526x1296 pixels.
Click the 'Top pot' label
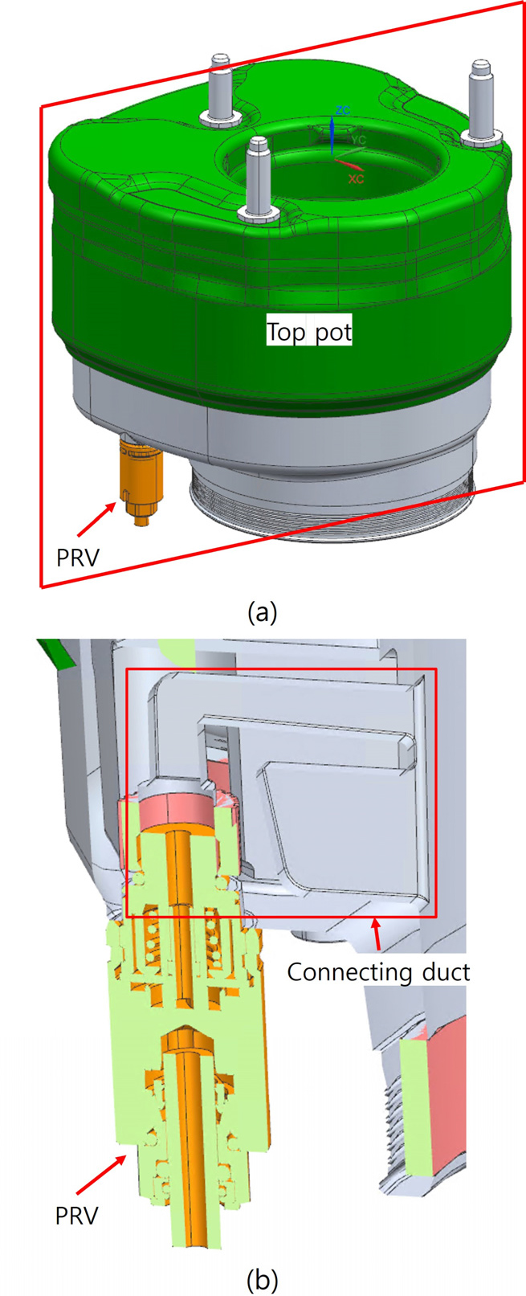click(309, 332)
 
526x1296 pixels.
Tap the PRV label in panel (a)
click(77, 558)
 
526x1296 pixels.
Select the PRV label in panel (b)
click(77, 1216)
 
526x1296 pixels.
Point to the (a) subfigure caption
click(263, 612)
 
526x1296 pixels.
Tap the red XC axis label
click(356, 179)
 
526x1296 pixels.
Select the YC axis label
click(358, 140)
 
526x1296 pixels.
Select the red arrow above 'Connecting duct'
click(377, 934)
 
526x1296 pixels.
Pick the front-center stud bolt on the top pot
click(259, 180)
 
